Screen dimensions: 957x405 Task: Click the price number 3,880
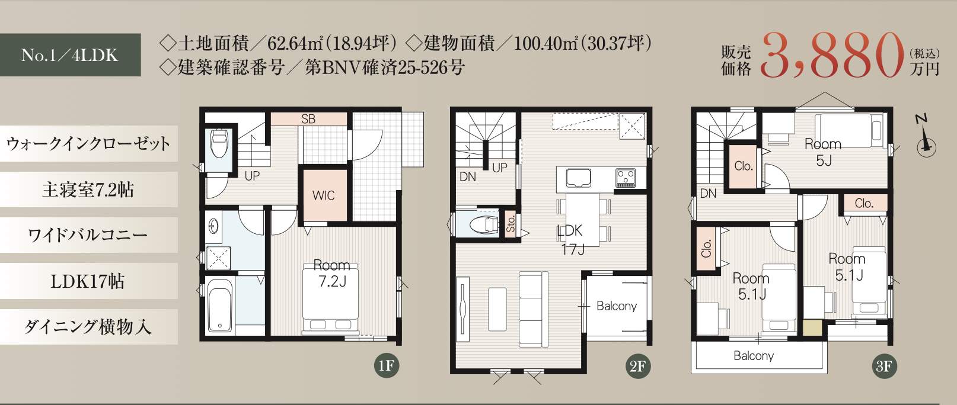click(832, 57)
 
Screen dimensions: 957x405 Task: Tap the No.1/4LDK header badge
click(70, 55)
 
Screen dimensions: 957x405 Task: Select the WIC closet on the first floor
click(323, 195)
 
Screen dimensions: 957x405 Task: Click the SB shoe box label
click(308, 119)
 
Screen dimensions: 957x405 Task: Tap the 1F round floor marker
click(387, 365)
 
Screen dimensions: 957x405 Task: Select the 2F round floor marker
click(637, 366)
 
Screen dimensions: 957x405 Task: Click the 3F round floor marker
click(884, 366)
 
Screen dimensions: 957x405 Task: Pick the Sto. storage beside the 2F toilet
click(511, 223)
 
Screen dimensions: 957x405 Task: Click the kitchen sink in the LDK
click(579, 178)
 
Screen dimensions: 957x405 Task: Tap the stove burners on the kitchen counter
click(625, 177)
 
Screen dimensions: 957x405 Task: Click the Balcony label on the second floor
click(617, 306)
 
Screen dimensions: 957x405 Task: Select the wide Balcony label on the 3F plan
click(754, 355)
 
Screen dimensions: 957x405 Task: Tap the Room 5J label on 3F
click(823, 152)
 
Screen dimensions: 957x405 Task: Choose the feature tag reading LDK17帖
click(88, 281)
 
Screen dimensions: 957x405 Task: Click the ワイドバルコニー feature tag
click(88, 235)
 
